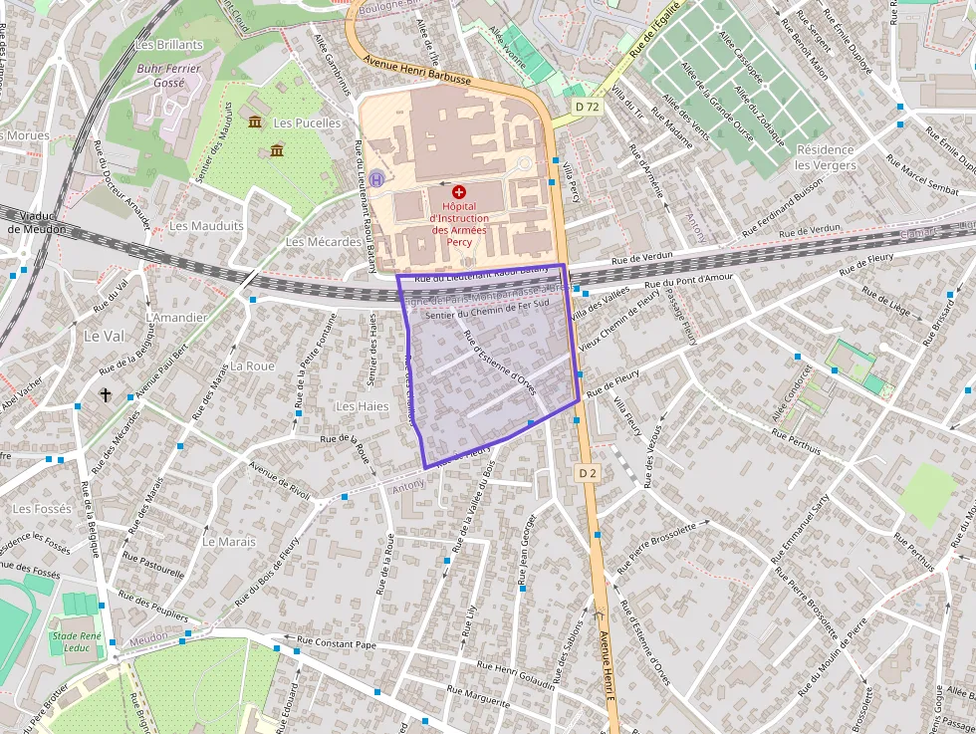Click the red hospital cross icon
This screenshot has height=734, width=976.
459,191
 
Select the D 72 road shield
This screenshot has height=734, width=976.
588,106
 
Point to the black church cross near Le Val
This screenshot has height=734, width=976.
105,395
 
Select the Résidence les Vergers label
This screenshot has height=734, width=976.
825,156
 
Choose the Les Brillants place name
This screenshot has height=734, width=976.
168,45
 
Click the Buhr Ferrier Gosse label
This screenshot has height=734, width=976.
168,76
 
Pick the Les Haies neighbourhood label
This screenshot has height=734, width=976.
362,406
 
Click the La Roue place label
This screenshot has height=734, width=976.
252,366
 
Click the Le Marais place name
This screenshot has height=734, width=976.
228,542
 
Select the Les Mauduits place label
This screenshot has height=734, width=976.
206,226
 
